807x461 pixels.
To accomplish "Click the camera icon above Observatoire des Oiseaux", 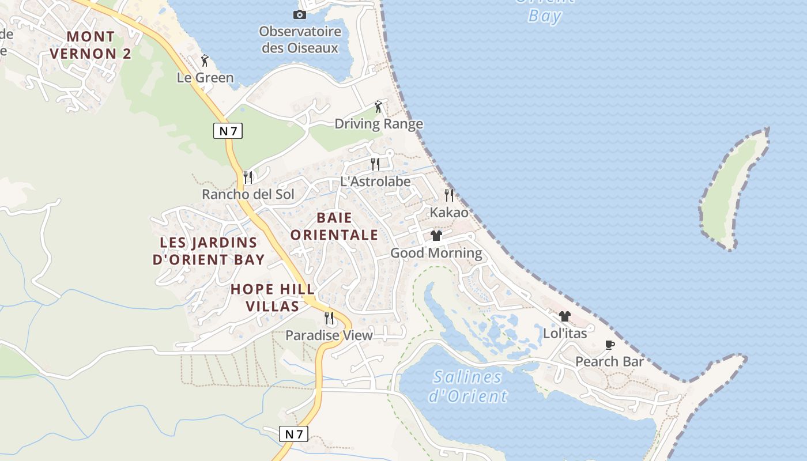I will coord(299,14).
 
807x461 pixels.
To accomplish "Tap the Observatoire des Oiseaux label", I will coord(300,40).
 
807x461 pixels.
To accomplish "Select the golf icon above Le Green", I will coord(205,60).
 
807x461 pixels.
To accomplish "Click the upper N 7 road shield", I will coord(228,131).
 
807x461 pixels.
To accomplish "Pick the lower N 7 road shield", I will coord(293,434).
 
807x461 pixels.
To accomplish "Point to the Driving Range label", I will coord(379,124).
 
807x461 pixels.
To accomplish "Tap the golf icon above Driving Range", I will coord(378,107).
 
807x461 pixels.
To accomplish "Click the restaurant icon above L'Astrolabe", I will coord(375,164).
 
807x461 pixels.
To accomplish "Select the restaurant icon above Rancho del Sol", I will coord(248,177).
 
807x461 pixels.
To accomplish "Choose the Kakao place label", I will coord(449,213).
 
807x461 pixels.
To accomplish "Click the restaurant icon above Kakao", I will coord(449,195).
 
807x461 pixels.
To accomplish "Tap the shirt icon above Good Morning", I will coord(436,236).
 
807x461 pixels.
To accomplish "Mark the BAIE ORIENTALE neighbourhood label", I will coord(334,226).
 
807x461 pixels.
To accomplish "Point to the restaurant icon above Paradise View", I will coord(329,318).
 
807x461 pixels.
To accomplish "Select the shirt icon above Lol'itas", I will coord(565,316).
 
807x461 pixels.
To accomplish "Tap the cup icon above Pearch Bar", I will coord(609,345).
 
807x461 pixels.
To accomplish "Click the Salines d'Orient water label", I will coord(467,387).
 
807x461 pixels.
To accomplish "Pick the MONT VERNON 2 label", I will coord(90,45).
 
